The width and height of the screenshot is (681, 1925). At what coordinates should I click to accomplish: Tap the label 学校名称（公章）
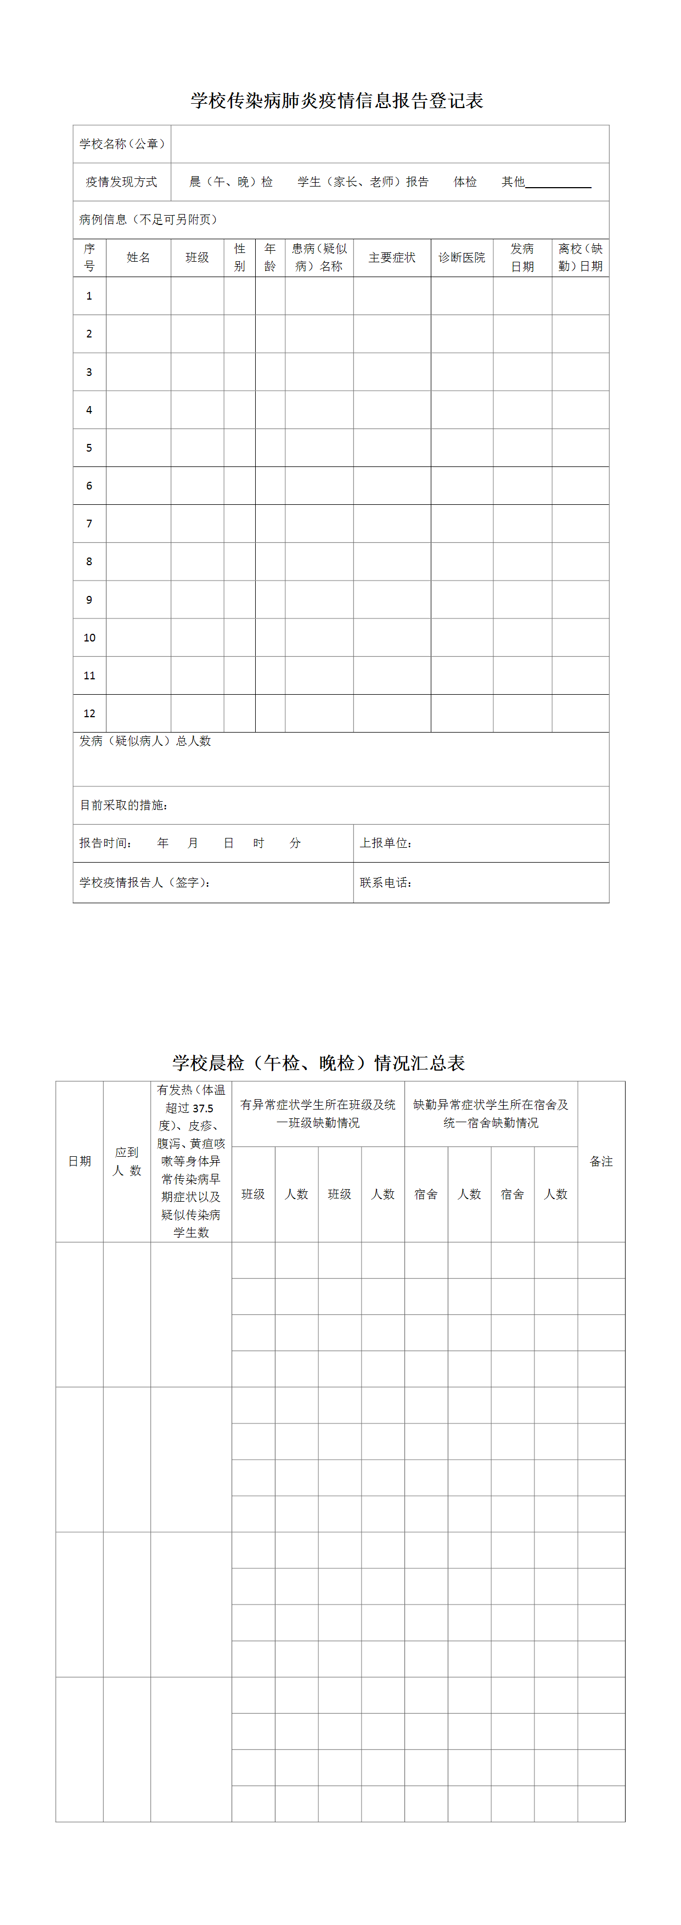pyautogui.click(x=122, y=143)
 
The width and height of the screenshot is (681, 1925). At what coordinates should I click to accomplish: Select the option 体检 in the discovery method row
pyautogui.click(x=465, y=182)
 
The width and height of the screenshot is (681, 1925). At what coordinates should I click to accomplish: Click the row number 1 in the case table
pyautogui.click(x=89, y=296)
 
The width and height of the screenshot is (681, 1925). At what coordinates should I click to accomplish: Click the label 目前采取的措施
pyautogui.click(x=124, y=806)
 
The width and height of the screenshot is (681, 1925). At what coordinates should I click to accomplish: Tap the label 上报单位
pyautogui.click(x=386, y=843)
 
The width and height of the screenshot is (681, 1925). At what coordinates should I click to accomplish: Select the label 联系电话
pyautogui.click(x=386, y=882)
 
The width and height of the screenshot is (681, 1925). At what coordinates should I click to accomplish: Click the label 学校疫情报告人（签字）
pyautogui.click(x=145, y=882)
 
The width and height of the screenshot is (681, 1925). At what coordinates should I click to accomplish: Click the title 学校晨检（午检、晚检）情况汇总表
pyautogui.click(x=318, y=1062)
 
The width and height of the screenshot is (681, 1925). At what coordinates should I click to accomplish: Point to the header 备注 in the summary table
pyautogui.click(x=601, y=1161)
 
